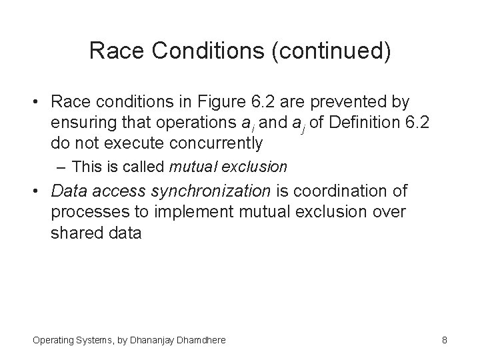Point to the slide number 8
444,340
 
